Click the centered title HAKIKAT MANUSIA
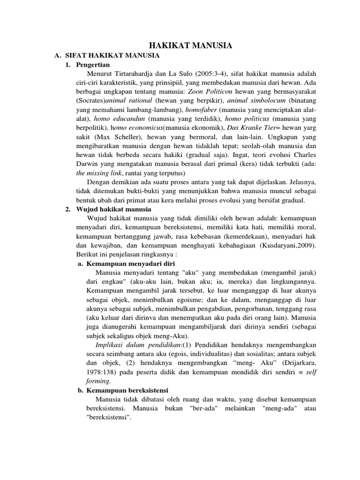coord(190,45)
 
